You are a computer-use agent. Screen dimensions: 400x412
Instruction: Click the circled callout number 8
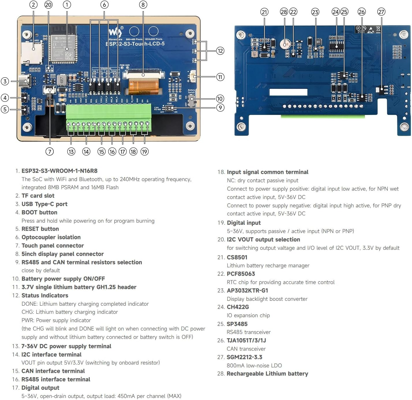(143, 5)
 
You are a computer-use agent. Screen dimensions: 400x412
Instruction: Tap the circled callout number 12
(220, 51)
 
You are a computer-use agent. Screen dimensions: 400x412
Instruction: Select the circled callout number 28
(284, 12)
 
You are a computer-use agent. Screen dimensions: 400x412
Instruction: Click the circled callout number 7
(50, 151)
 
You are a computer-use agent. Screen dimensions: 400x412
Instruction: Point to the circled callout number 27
(381, 12)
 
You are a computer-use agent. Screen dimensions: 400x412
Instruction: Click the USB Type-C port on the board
(25, 81)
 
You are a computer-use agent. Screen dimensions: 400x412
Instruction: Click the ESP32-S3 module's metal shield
(64, 48)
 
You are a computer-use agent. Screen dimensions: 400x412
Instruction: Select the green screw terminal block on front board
(109, 115)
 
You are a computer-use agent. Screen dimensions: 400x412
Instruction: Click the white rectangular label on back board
(288, 92)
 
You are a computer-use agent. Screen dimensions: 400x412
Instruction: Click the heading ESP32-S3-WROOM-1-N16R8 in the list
(59, 171)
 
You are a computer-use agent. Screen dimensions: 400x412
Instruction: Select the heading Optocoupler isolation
(51, 237)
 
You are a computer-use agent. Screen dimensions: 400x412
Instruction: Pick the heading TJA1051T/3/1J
(246, 340)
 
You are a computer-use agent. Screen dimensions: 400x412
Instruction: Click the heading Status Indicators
(45, 295)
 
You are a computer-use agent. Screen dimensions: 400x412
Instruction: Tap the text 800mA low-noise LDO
(254, 365)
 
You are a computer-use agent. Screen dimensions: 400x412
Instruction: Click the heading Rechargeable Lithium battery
(267, 373)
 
